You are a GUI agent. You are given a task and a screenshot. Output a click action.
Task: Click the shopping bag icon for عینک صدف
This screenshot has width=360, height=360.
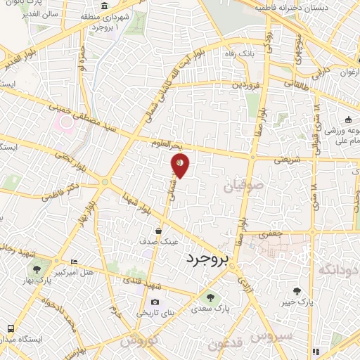coord(157,231)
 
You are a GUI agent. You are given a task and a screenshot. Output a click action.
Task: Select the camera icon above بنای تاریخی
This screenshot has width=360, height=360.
coord(155,303)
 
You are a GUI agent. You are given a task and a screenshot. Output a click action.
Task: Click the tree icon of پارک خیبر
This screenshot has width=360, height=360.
coord(298,291)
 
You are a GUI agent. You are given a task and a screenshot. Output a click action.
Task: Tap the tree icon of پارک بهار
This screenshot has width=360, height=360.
coord(36,269)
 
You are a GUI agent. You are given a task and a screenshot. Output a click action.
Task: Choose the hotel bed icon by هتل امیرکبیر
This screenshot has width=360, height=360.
coord(75,262)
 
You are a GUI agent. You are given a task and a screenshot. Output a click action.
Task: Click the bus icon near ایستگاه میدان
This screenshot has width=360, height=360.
coord(11,328)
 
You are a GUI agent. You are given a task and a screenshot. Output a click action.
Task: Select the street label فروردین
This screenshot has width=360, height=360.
coord(246,84)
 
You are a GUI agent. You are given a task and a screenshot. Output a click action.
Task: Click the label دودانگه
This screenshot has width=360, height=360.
coord(338,269)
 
